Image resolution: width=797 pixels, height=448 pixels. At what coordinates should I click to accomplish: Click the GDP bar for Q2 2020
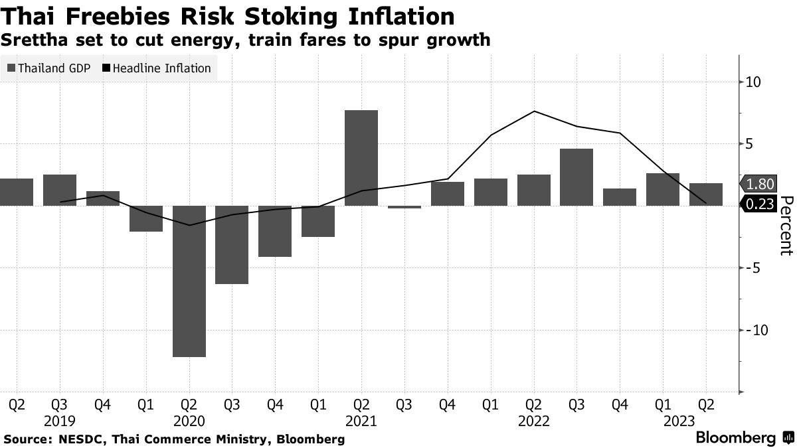click(x=189, y=281)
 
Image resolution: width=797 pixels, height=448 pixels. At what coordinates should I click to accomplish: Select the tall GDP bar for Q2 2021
click(x=361, y=158)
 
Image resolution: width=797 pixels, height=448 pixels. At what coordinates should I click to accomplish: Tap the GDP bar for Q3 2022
click(x=576, y=177)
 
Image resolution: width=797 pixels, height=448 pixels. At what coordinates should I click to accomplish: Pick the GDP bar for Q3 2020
click(x=232, y=244)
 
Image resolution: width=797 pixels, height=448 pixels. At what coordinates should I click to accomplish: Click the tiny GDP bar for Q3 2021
click(x=404, y=206)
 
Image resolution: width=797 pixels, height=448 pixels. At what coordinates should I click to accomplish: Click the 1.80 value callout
click(x=760, y=185)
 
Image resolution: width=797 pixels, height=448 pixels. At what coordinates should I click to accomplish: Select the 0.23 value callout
click(x=760, y=205)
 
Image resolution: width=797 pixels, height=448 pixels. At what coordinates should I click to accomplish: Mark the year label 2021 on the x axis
click(x=361, y=421)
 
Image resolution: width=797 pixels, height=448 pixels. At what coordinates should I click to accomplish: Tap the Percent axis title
click(x=786, y=226)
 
